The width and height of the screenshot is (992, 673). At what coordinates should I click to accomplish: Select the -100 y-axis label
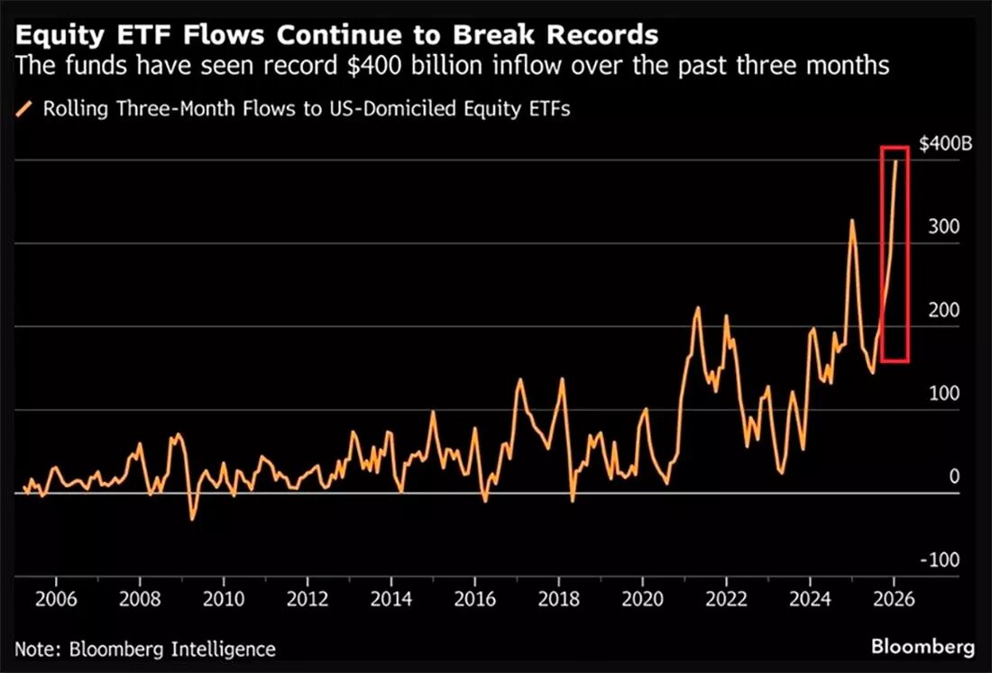[940, 560]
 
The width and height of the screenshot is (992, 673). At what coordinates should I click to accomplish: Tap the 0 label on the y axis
[954, 477]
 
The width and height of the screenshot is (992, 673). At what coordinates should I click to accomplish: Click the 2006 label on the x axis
[56, 598]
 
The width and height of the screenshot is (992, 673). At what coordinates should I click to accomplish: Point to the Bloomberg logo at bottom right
[923, 647]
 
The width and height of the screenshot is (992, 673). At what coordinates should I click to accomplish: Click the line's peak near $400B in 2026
[896, 161]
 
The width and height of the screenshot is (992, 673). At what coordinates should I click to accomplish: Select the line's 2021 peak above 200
[698, 308]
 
